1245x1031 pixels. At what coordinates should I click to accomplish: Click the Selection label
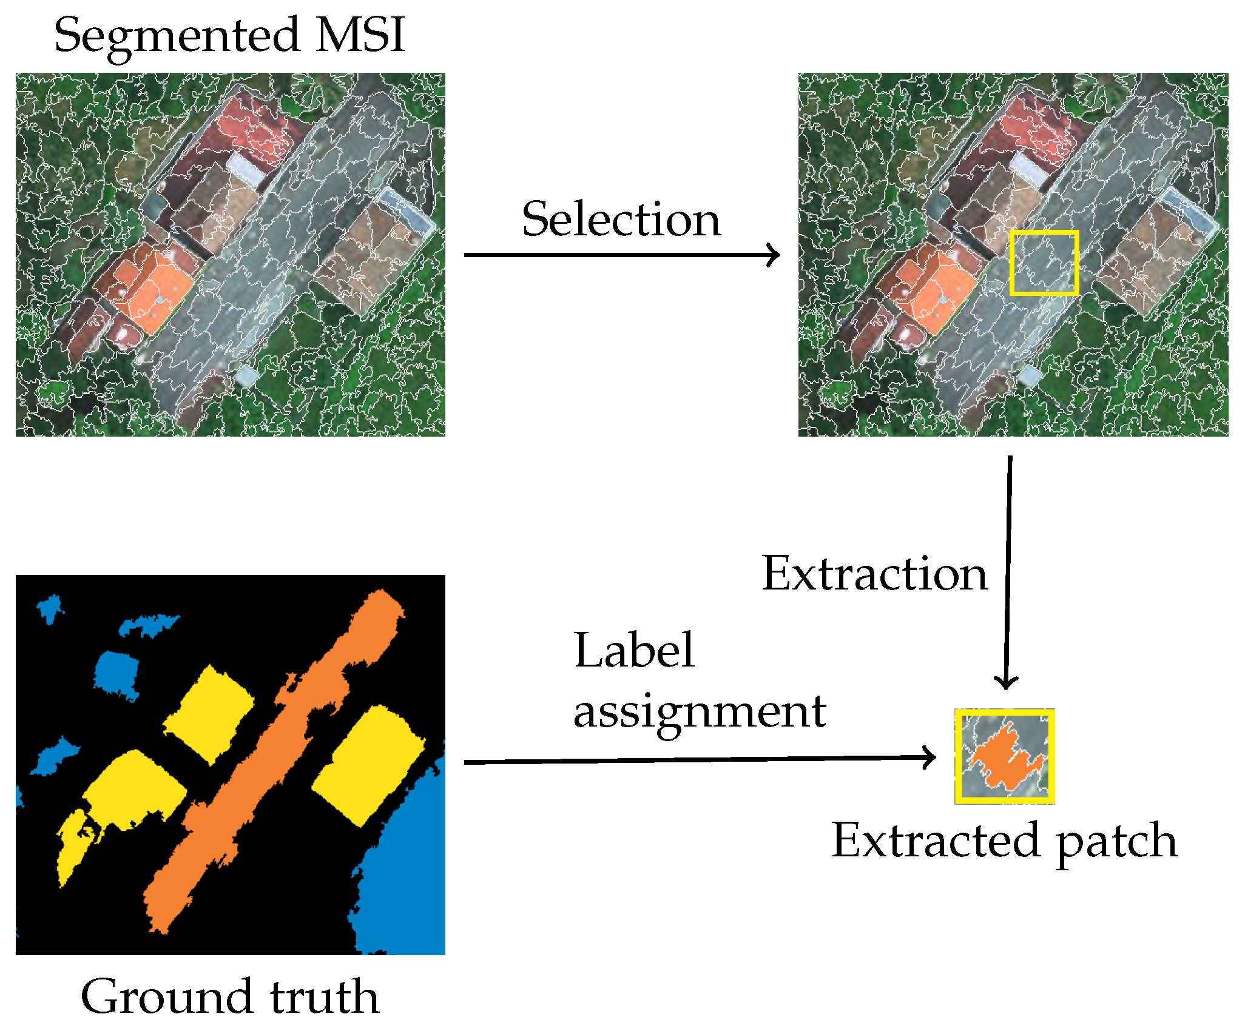tap(621, 220)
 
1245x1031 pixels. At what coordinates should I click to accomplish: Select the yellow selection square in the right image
tap(1044, 232)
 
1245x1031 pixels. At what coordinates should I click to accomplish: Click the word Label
tap(634, 651)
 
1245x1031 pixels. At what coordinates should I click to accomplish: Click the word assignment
tap(700, 713)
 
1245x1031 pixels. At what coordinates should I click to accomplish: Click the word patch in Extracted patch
tap(1116, 842)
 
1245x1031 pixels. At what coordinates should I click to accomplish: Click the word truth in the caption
tap(325, 998)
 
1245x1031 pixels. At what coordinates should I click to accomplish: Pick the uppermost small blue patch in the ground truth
tap(50, 607)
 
